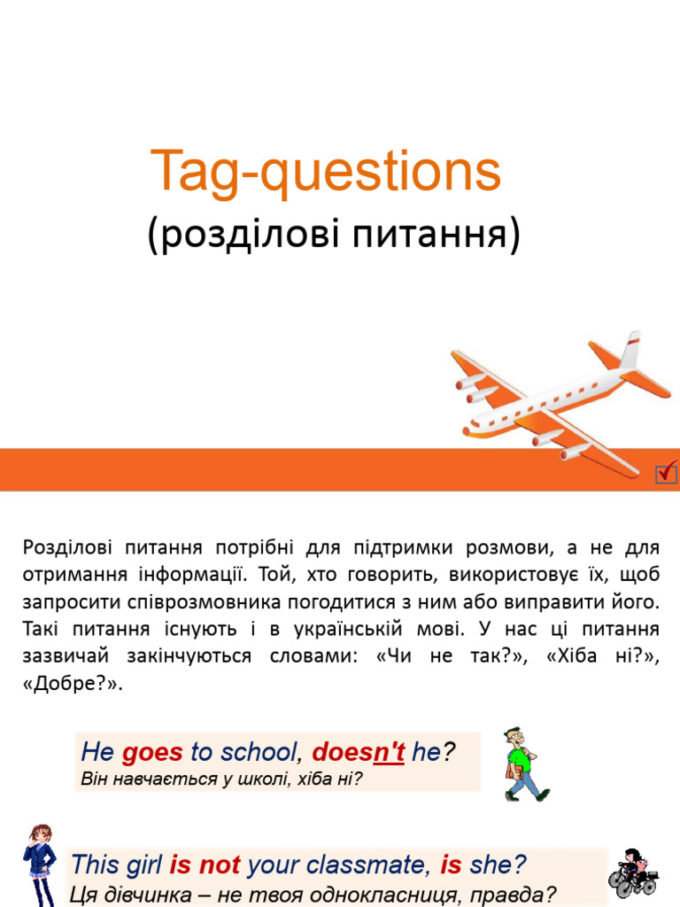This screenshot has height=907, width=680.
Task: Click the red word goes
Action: click(152, 753)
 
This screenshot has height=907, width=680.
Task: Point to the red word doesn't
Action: click(359, 753)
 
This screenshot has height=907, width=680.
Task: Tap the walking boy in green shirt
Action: click(522, 765)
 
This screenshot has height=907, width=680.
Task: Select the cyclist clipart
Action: click(632, 872)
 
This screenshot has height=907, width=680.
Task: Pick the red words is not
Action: click(205, 864)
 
